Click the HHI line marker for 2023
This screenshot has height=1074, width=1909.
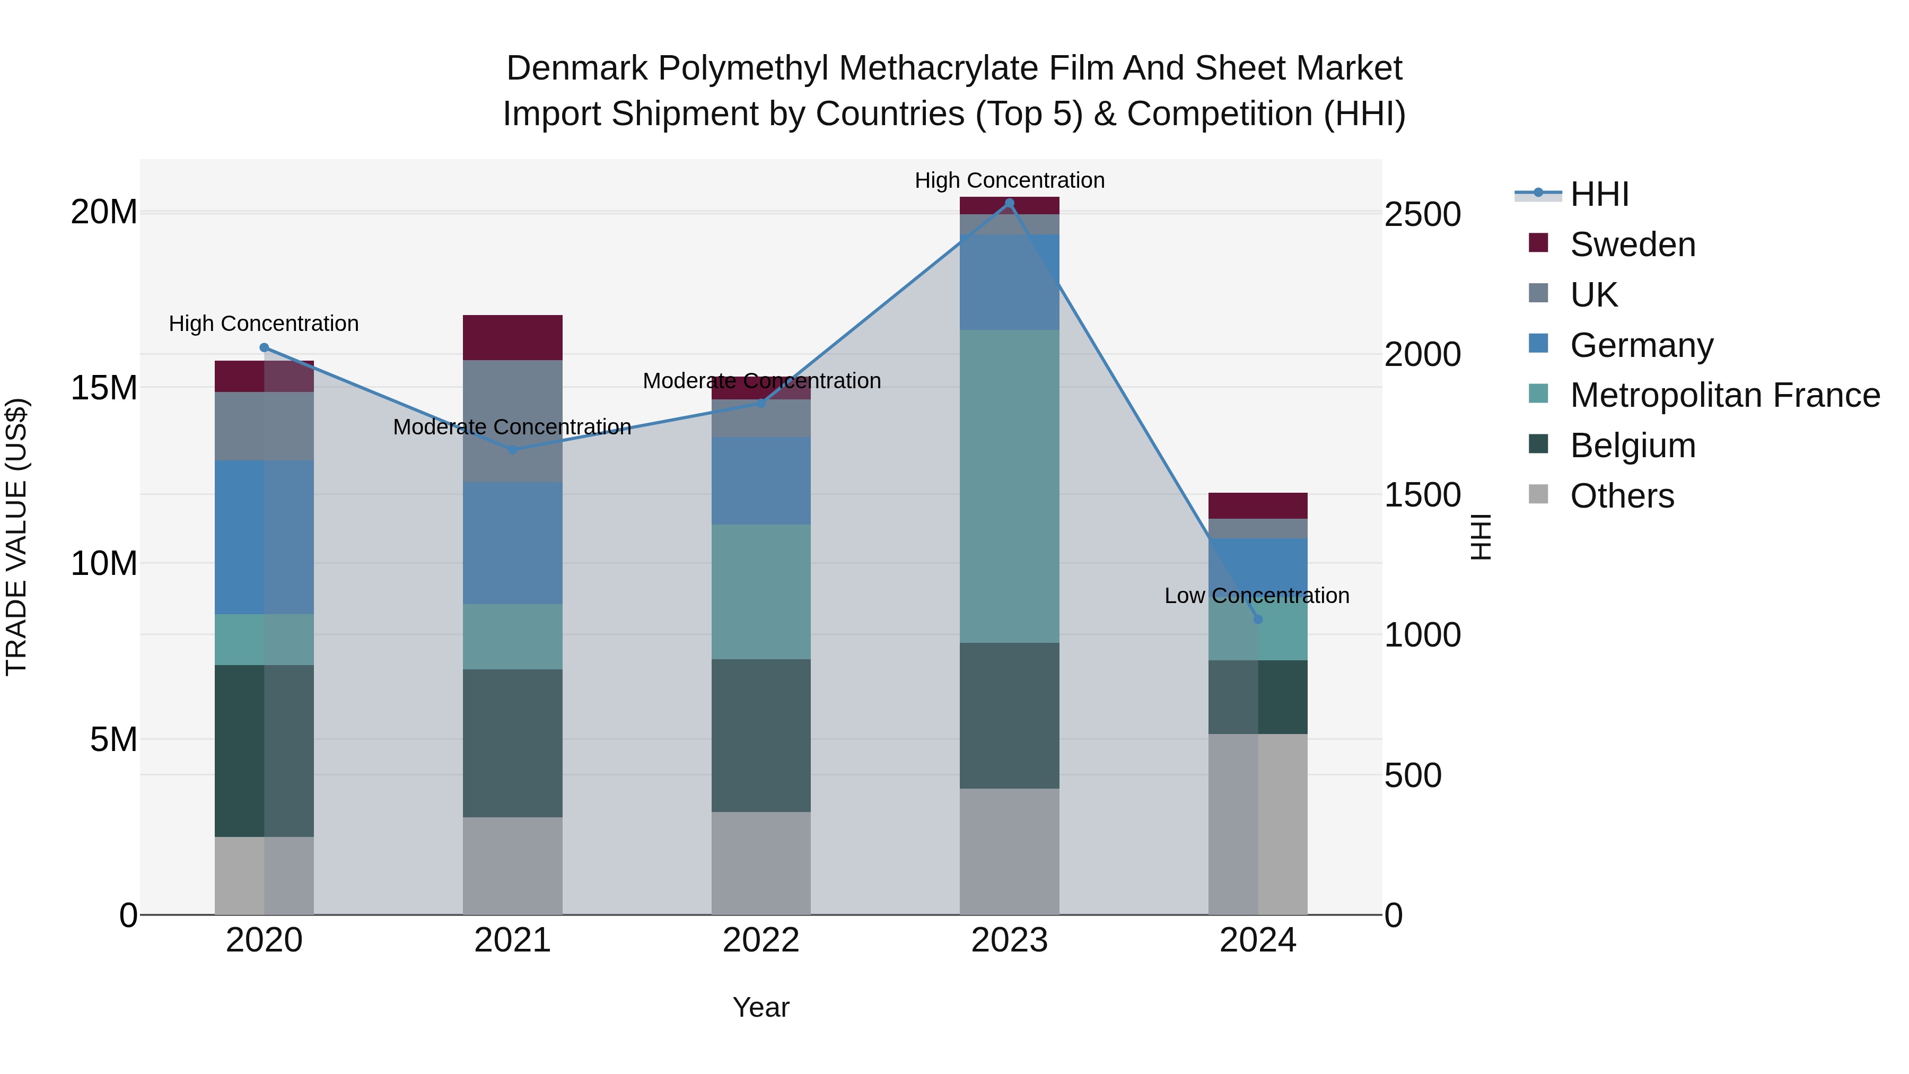pos(1009,203)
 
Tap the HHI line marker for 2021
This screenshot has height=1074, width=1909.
pos(512,450)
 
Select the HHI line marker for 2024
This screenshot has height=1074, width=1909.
pos(1258,619)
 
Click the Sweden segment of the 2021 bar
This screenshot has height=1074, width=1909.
pos(512,337)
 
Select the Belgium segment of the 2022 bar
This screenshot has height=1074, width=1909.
pos(761,735)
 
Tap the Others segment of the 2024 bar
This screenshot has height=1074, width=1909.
pos(1258,824)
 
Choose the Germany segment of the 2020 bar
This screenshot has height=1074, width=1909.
pos(264,537)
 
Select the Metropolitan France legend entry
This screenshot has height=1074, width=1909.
pos(1724,395)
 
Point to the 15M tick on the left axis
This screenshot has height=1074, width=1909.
pos(104,388)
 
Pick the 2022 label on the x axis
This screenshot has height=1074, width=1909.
pos(761,940)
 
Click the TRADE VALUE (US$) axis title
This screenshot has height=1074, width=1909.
pos(16,537)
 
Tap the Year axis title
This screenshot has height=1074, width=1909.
pos(761,1007)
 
